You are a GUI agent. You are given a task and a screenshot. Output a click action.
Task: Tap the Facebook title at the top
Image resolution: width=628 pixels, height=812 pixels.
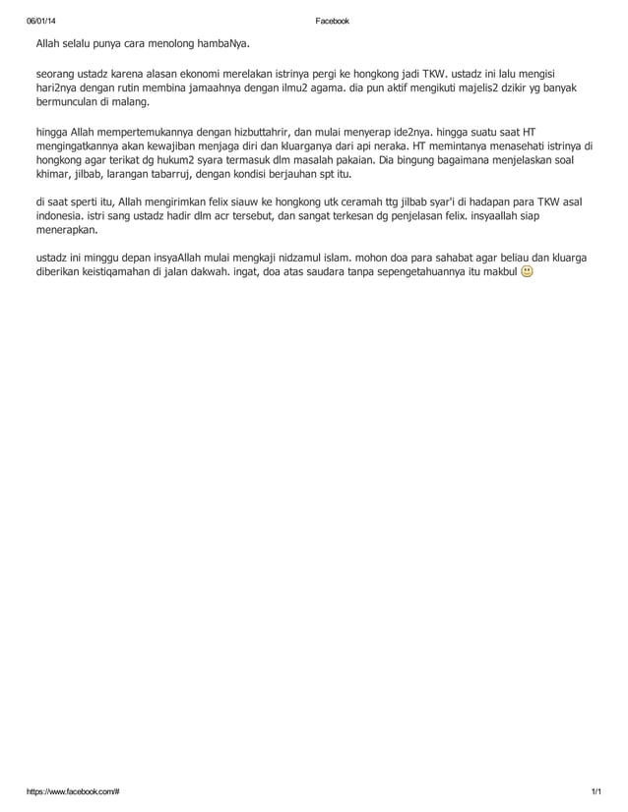(x=331, y=21)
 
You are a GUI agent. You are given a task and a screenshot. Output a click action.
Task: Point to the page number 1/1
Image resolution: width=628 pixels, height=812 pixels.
(x=595, y=790)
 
